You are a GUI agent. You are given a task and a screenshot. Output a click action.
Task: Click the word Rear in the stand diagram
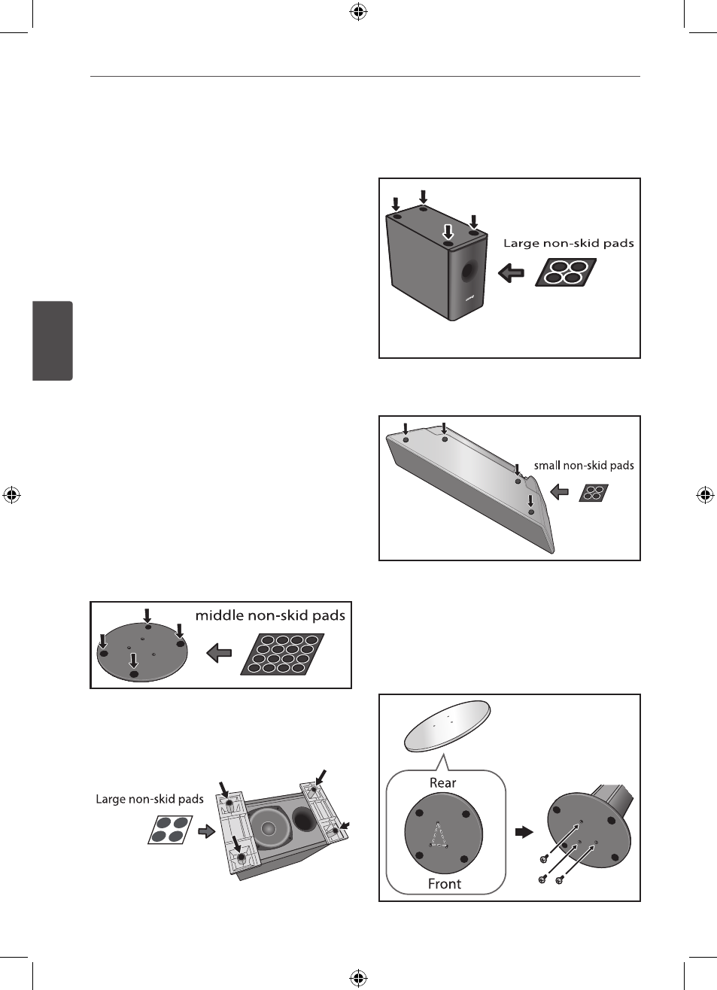(x=442, y=782)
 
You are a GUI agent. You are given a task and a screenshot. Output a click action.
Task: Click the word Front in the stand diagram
(x=444, y=883)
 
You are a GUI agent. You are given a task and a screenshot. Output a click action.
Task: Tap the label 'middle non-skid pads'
(x=270, y=615)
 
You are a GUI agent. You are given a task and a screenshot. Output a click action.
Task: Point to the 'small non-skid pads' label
(x=584, y=466)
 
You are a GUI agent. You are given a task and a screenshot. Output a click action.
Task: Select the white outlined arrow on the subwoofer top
(x=448, y=232)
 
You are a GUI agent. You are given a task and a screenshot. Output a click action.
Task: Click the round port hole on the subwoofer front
(x=469, y=272)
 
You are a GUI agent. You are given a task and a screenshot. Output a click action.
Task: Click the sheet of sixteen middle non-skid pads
(x=282, y=654)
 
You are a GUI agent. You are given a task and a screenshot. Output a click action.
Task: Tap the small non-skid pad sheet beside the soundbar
(x=594, y=493)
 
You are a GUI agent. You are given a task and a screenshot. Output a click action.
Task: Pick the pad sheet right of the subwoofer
(x=566, y=272)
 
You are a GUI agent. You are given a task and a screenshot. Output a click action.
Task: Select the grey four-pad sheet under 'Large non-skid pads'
(x=170, y=830)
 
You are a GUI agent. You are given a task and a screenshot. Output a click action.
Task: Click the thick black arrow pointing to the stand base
(x=524, y=832)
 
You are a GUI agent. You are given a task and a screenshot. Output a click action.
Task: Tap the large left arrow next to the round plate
(x=219, y=653)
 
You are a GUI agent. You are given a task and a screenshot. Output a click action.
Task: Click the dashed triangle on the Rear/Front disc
(x=438, y=834)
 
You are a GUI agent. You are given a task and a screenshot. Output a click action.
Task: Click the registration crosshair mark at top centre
(x=358, y=12)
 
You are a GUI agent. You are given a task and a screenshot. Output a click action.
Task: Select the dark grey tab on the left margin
(x=53, y=341)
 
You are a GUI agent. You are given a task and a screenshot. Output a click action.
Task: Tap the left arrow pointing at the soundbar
(x=560, y=491)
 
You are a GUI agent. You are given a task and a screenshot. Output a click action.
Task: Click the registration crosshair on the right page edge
(x=705, y=495)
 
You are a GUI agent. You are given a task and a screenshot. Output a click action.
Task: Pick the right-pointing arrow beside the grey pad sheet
(x=206, y=832)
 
